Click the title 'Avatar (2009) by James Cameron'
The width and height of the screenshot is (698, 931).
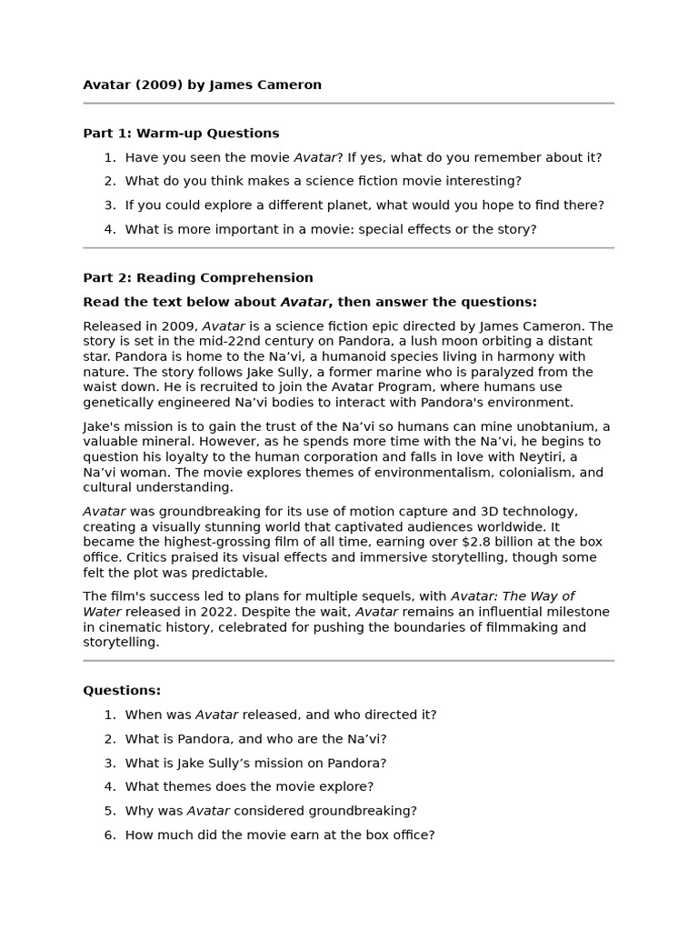pyautogui.click(x=202, y=85)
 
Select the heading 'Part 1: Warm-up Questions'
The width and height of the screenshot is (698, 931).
pyautogui.click(x=181, y=133)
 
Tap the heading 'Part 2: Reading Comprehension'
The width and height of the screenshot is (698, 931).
pyautogui.click(x=197, y=277)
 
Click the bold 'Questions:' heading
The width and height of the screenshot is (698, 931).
pyautogui.click(x=122, y=690)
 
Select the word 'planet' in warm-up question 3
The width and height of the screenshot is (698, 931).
pyautogui.click(x=348, y=205)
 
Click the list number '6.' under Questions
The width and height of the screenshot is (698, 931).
pyautogui.click(x=109, y=835)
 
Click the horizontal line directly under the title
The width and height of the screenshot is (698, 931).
pyautogui.click(x=348, y=104)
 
